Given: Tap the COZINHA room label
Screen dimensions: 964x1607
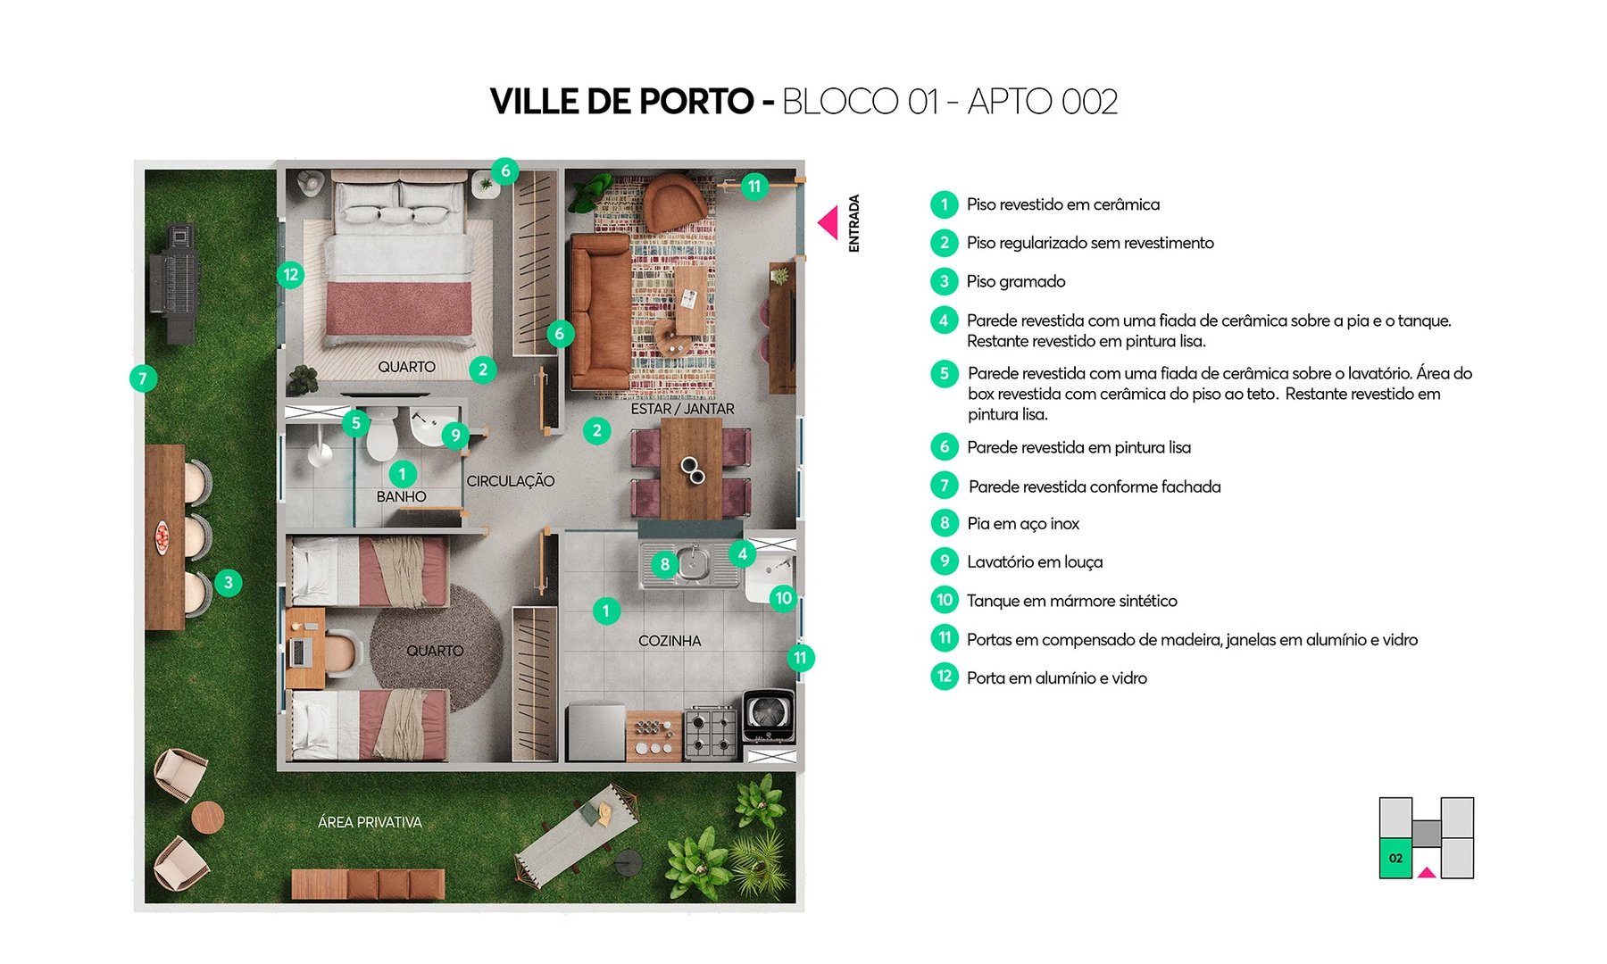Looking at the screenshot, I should click(670, 641).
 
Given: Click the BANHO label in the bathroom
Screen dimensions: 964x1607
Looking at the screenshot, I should click(401, 496).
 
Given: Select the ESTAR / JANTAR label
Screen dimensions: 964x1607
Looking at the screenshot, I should click(682, 409).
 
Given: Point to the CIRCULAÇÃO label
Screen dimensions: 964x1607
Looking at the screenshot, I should click(510, 481).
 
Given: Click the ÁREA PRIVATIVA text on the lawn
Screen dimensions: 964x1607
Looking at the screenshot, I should click(370, 822).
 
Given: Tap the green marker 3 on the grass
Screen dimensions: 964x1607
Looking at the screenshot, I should click(229, 583).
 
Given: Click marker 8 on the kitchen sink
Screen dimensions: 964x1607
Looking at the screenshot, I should click(664, 564).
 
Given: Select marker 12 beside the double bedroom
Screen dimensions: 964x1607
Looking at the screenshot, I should click(290, 275).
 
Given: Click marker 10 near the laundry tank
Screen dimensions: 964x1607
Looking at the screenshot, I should click(783, 598).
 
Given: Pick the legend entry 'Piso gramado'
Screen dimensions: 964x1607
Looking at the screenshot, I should click(1015, 282).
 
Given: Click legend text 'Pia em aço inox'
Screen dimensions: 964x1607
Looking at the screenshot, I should click(1022, 524).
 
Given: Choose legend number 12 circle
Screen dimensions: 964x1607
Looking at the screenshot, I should click(944, 677).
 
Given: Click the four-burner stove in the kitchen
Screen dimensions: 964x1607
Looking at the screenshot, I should click(712, 733).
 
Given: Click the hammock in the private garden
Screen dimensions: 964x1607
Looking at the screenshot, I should click(576, 833).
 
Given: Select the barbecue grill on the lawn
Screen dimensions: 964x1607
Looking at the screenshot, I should click(177, 284).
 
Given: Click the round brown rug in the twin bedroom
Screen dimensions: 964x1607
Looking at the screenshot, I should click(437, 644).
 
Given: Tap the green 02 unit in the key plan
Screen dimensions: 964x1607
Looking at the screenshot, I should click(1395, 858).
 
